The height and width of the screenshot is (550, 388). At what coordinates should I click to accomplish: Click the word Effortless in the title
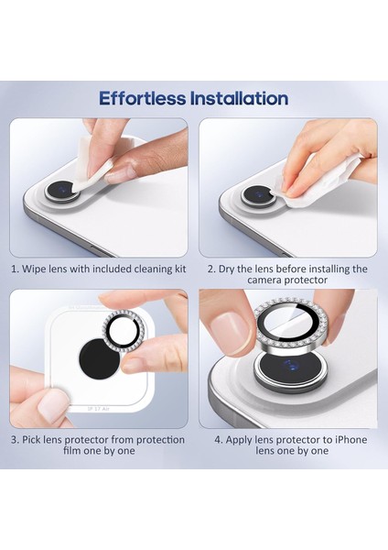pos(142,98)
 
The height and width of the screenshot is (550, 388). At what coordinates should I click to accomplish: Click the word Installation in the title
pos(240,98)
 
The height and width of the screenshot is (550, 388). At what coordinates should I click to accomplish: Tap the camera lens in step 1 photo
pos(62,192)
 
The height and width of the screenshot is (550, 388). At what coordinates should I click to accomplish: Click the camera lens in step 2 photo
pos(258,195)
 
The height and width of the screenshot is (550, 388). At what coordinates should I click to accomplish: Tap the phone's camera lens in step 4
pos(291,372)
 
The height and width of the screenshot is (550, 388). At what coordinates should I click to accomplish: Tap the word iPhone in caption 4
pos(351,439)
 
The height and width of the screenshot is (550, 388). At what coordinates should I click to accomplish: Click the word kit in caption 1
pos(180,269)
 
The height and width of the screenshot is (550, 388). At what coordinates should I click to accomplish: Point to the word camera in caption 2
pos(264,280)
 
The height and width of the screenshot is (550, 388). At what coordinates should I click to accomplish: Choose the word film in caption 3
pos(71,450)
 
